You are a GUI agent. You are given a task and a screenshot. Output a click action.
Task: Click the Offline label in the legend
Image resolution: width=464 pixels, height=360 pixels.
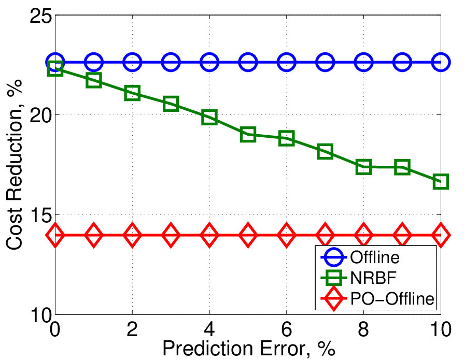375,257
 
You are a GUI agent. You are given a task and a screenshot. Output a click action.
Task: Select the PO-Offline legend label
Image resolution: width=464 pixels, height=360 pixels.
392,298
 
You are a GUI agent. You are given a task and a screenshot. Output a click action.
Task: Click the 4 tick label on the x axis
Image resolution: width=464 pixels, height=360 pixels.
209,329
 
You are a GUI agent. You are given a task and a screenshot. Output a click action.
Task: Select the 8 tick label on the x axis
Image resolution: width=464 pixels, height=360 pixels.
364,329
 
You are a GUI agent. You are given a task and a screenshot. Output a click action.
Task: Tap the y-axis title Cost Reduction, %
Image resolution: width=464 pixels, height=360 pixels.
14,165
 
